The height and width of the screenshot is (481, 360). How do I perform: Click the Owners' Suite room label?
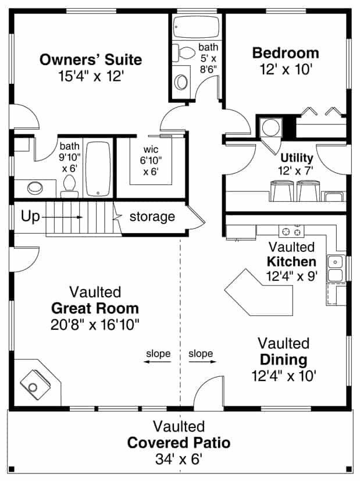click(x=90, y=60)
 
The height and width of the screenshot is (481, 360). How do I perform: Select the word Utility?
click(x=297, y=158)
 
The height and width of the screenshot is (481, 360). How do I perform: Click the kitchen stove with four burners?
click(x=291, y=231)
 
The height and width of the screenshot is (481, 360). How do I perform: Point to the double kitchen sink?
click(x=336, y=268)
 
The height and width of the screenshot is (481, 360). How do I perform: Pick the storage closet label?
click(x=152, y=217)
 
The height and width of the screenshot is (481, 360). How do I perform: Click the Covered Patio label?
click(x=179, y=443)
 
